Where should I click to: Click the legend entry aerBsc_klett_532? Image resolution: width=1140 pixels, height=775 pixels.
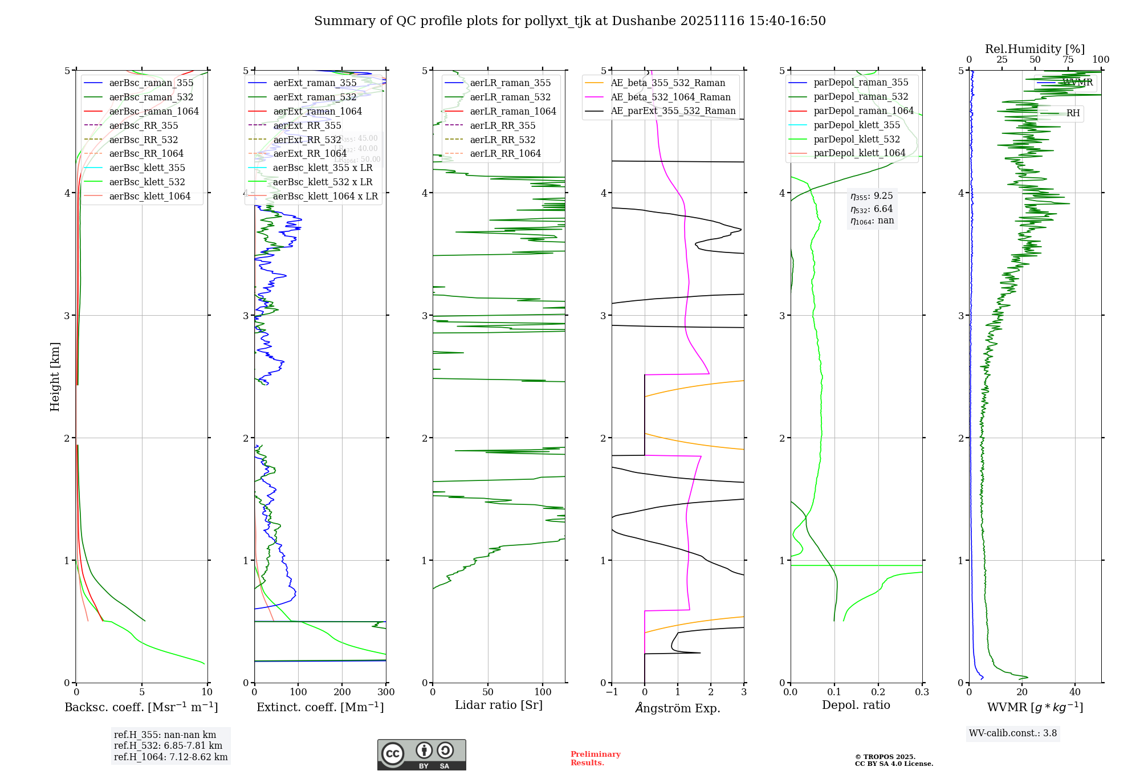pos(147,182)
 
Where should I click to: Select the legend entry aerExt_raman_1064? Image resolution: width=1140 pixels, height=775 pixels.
pos(317,111)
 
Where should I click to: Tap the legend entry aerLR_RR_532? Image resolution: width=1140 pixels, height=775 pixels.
pos(502,140)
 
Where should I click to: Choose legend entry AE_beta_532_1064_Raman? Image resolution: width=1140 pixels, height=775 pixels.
pos(670,97)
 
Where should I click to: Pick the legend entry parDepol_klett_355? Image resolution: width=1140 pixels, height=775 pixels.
pos(857,125)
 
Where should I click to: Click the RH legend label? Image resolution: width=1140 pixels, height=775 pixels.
pos(1073,113)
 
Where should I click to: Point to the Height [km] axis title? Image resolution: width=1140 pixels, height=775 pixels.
pos(55,377)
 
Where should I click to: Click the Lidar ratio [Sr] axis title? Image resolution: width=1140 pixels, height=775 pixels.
pos(499,705)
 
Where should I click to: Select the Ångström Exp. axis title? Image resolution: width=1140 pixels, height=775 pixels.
pos(678,708)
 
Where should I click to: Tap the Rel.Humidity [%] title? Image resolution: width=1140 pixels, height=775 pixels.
pos(1035,49)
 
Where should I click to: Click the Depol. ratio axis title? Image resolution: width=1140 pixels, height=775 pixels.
pos(856,705)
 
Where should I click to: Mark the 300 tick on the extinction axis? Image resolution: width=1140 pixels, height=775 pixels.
pos(386,692)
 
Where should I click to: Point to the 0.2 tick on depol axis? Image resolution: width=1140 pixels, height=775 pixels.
pos(878,692)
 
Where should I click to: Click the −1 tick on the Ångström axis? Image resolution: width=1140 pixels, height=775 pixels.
pos(612,692)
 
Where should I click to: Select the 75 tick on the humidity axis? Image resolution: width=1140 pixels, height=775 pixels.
pos(1068,60)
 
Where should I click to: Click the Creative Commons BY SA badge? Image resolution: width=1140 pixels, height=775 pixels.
pos(421,754)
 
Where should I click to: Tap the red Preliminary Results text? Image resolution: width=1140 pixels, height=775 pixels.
pos(595,758)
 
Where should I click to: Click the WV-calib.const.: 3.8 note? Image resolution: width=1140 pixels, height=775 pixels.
pos(1012,733)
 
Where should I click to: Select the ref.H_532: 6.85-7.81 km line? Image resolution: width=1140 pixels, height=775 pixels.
pos(168,745)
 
